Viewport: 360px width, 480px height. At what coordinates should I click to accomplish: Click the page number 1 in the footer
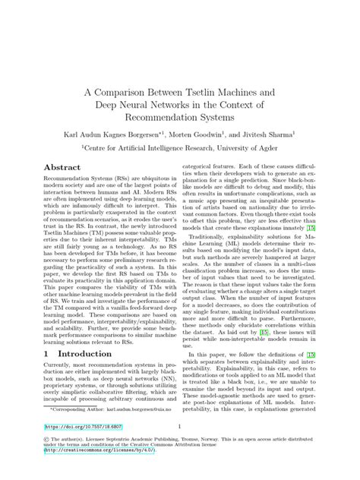(x=178, y=448)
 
